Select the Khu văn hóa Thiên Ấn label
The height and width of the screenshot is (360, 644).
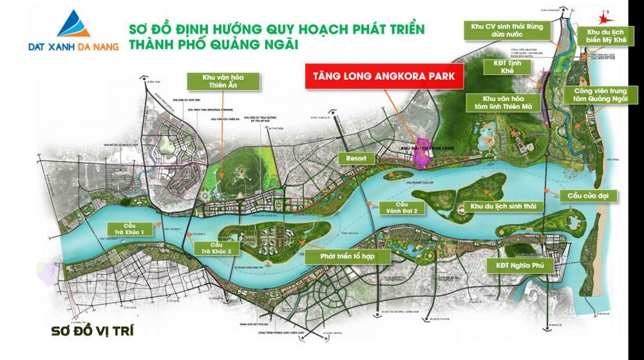(x=222, y=81)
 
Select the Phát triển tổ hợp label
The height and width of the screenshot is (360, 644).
(x=348, y=256)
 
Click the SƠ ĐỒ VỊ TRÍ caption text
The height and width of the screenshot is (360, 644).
(x=92, y=332)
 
